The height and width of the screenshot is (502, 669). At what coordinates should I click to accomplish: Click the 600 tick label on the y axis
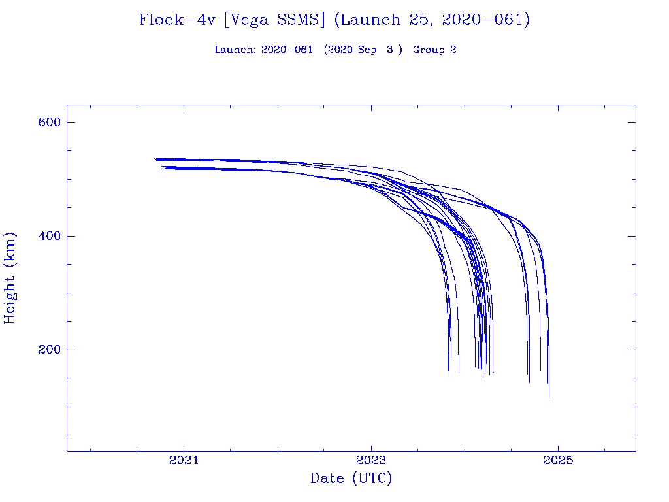49,123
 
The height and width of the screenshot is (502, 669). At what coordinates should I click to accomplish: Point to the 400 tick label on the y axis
49,236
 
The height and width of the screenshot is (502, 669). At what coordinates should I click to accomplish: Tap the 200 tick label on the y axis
49,350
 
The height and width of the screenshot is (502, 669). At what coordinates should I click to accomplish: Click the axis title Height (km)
10,278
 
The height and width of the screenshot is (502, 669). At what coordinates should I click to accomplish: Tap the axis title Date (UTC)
351,478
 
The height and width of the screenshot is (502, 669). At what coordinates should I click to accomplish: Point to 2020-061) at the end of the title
486,20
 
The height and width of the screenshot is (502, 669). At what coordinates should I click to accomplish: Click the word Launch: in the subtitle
235,50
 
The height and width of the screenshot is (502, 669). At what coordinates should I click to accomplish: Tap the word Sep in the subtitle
367,50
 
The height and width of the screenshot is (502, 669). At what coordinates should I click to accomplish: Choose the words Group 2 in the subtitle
434,50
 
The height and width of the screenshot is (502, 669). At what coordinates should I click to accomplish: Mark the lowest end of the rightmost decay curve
549,397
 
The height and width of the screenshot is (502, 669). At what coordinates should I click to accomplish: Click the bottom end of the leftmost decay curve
449,375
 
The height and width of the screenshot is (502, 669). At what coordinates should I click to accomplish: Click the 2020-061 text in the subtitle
287,50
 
